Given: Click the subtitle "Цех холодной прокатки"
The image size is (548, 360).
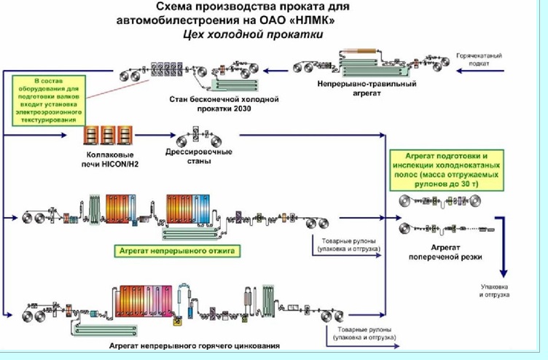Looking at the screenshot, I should (x=246, y=34).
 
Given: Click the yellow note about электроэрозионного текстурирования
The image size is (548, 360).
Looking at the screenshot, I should (x=47, y=97).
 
